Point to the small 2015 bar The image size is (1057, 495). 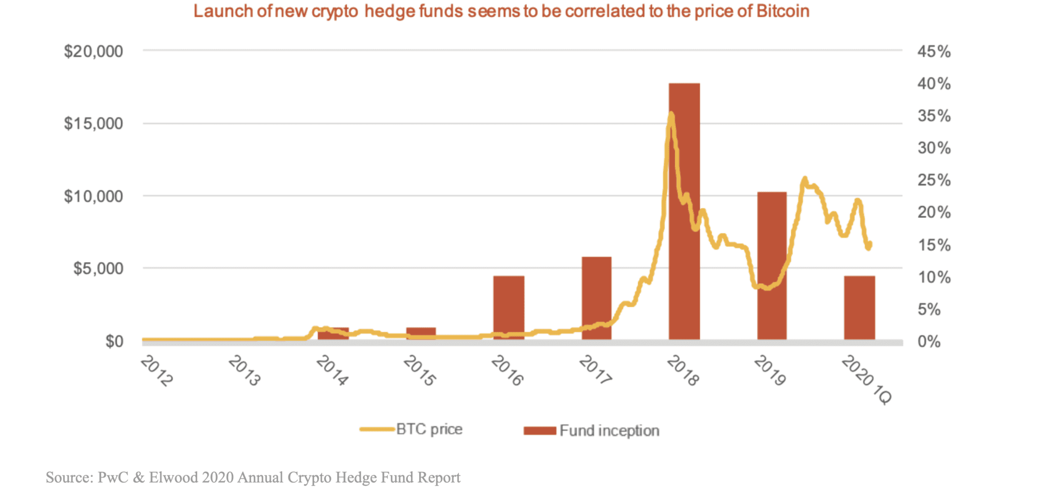(x=421, y=333)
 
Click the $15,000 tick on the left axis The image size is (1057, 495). (x=93, y=124)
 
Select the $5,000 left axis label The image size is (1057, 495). (x=98, y=268)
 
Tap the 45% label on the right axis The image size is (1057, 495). (x=934, y=52)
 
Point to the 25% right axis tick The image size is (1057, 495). (x=934, y=180)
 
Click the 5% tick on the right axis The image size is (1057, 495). (x=929, y=309)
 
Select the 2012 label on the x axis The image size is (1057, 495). (x=157, y=371)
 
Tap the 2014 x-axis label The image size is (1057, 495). (x=332, y=371)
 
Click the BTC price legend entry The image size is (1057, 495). (x=429, y=429)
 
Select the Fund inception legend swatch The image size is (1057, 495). (x=539, y=431)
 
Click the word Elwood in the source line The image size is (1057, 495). (x=173, y=477)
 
